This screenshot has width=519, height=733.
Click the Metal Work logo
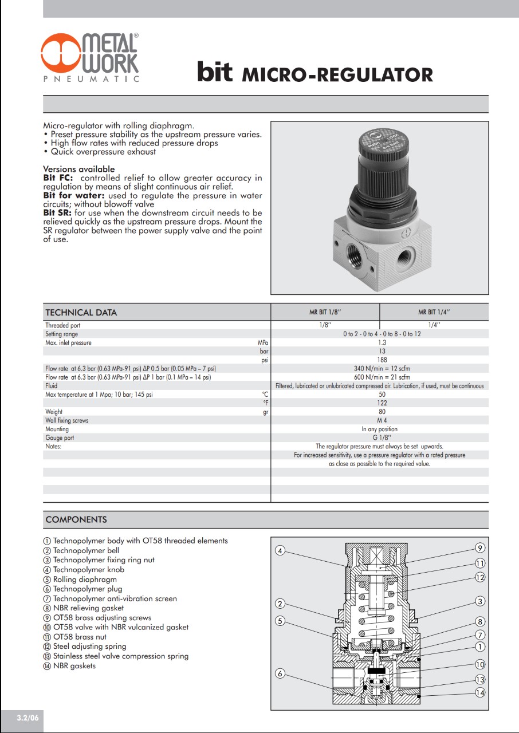(x=90, y=57)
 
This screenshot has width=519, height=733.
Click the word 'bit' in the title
(x=215, y=72)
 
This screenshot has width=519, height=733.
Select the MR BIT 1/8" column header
(x=325, y=312)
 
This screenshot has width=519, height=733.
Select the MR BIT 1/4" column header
(x=434, y=312)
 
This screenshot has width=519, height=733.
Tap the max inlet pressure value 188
(x=382, y=360)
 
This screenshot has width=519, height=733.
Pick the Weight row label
(x=54, y=412)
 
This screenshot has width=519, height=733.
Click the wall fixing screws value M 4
(x=382, y=420)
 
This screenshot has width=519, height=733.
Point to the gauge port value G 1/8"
(x=382, y=438)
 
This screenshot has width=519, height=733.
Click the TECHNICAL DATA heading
(x=81, y=313)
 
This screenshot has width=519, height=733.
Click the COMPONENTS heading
(x=76, y=520)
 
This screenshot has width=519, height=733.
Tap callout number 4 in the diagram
(x=280, y=551)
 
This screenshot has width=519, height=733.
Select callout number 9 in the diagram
(x=480, y=548)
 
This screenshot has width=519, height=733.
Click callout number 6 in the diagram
(x=280, y=673)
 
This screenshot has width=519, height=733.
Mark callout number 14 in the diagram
(x=480, y=692)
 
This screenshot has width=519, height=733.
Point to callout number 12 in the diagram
(x=480, y=577)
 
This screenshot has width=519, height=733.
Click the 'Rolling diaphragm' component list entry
(x=84, y=579)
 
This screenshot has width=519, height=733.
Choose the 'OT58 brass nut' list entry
(x=80, y=637)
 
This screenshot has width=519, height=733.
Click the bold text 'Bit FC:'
(x=58, y=178)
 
